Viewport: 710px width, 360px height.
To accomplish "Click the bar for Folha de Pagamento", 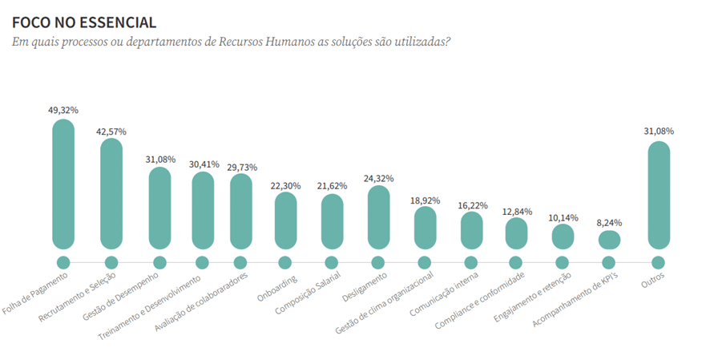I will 63,184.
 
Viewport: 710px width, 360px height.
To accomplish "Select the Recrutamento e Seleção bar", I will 111,193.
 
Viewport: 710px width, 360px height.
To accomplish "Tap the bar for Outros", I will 659,195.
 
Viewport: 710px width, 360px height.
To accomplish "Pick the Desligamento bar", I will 378,217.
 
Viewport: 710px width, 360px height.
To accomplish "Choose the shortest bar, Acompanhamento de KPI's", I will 609,240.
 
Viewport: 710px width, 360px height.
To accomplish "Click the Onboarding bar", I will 285,220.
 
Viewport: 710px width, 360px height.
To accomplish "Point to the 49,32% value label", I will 63,109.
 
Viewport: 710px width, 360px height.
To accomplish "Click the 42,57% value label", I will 111,131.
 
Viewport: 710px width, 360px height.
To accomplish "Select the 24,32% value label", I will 378,178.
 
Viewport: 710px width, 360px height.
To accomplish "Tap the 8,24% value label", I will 609,223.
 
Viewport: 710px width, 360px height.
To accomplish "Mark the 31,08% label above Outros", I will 659,131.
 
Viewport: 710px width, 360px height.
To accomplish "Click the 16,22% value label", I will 471,205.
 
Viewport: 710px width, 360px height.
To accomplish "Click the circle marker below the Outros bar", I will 659,262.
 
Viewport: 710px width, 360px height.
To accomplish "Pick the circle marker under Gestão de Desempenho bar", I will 159,262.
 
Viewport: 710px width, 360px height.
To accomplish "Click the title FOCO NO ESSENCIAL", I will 84,23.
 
